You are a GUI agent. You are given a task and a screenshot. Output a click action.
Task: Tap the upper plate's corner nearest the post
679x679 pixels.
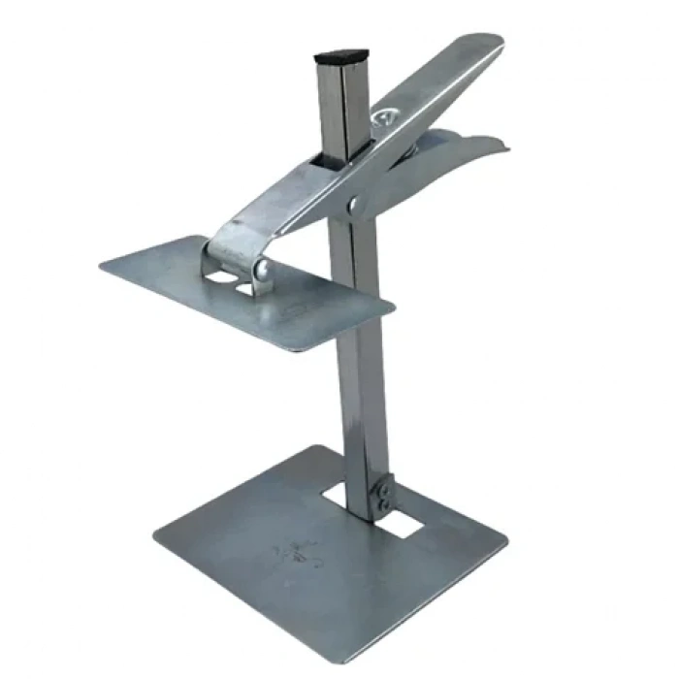coord(392,308)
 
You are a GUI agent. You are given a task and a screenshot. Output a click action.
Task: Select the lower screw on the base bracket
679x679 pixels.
coord(386,504)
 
